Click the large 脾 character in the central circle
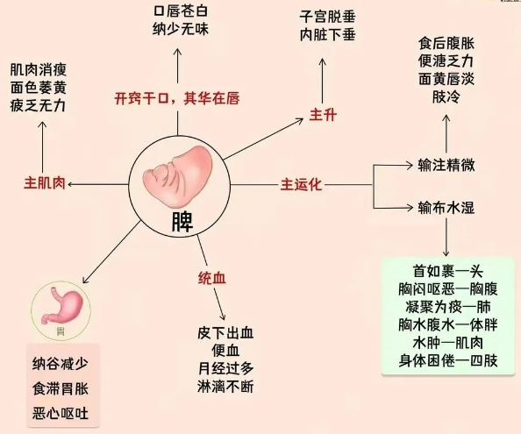pyautogui.click(x=182, y=222)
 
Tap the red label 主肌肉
pyautogui.click(x=45, y=183)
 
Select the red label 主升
pyautogui.click(x=323, y=115)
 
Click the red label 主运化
pyautogui.click(x=301, y=184)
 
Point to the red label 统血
pyautogui.click(x=212, y=278)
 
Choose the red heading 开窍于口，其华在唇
pyautogui.click(x=177, y=98)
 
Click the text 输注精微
pyautogui.click(x=446, y=165)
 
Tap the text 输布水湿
pyautogui.click(x=446, y=208)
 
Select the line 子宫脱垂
pyautogui.click(x=328, y=17)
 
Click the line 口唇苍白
pyautogui.click(x=181, y=11)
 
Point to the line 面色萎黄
pyautogui.click(x=39, y=88)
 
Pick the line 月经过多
pyautogui.click(x=225, y=368)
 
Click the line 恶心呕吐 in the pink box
pyautogui.click(x=61, y=414)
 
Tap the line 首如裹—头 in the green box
pyautogui.click(x=448, y=271)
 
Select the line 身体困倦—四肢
pyautogui.click(x=448, y=360)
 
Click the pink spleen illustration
pyautogui.click(x=178, y=176)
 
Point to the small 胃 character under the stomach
pyautogui.click(x=61, y=331)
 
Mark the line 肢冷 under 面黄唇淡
pyautogui.click(x=446, y=97)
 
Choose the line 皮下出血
pyautogui.click(x=225, y=332)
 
